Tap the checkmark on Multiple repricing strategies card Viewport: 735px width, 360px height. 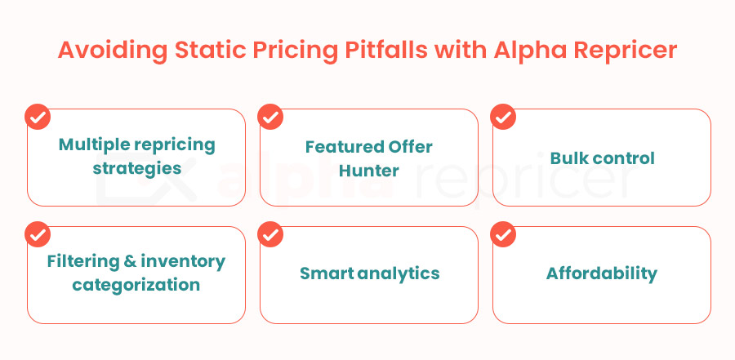pyautogui.click(x=37, y=117)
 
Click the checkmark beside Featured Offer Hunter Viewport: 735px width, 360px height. pyautogui.click(x=269, y=117)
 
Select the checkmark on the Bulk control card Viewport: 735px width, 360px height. pyautogui.click(x=502, y=117)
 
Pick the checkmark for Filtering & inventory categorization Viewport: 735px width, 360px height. pyautogui.click(x=37, y=234)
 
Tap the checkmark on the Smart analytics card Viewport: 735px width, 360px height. pyautogui.click(x=269, y=234)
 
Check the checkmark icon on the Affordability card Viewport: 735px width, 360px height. pyautogui.click(x=502, y=234)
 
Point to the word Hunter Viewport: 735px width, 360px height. pyautogui.click(x=369, y=170)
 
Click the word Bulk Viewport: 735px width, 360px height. pyautogui.click(x=569, y=158)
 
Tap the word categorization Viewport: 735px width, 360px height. pyautogui.click(x=136, y=285)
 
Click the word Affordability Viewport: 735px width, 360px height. pyautogui.click(x=602, y=273)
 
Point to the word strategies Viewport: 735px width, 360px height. pyautogui.click(x=136, y=169)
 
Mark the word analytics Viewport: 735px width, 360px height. pyautogui.click(x=398, y=273)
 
